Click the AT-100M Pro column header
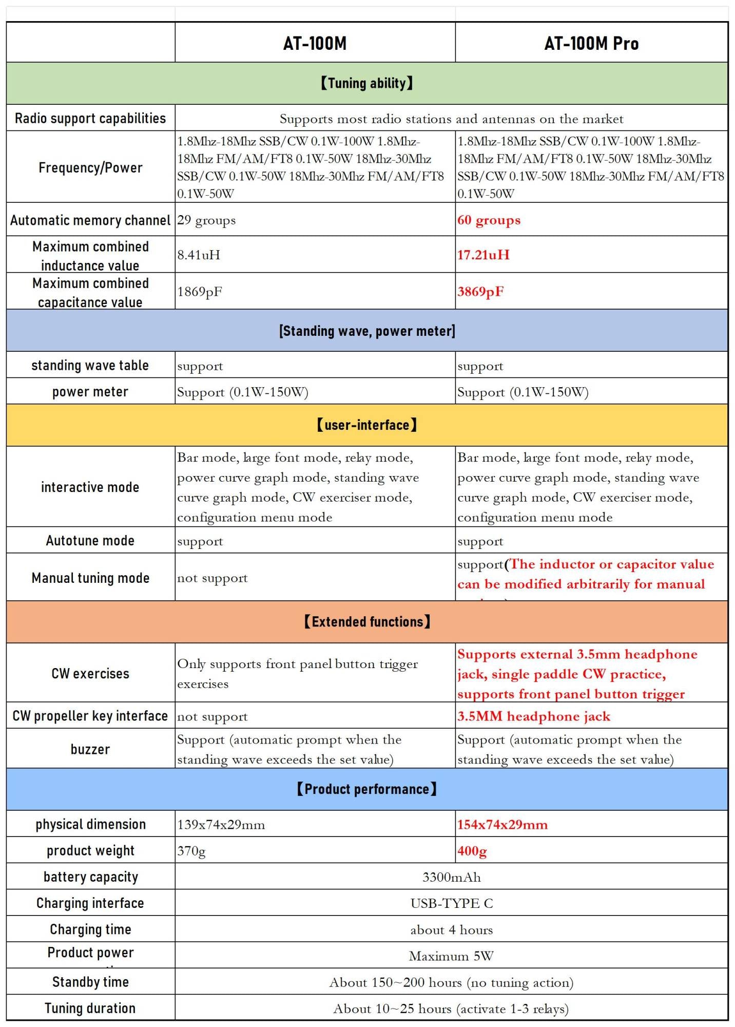point(591,43)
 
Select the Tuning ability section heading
point(366,83)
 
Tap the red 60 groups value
point(489,220)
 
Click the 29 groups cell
point(206,220)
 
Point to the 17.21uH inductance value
point(483,255)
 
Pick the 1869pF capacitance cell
point(200,292)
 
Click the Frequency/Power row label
point(90,167)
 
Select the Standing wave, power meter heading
point(366,331)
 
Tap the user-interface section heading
point(366,425)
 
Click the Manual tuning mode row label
point(90,578)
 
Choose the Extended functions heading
point(366,622)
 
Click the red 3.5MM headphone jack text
point(534,716)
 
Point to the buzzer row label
point(90,749)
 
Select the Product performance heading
point(366,789)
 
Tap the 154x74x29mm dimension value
point(502,825)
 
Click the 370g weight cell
point(191,851)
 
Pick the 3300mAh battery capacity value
point(451,877)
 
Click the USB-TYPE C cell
point(451,903)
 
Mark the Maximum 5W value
point(451,956)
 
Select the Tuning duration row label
point(90,1009)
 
